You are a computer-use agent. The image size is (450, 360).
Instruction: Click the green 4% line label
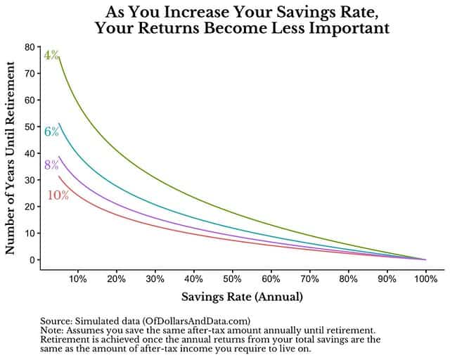51,55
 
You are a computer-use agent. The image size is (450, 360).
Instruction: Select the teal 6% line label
51,131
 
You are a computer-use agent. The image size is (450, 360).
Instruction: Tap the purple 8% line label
51,165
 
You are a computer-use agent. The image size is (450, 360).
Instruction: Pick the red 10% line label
58,195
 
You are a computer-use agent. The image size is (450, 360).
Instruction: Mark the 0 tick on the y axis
31,260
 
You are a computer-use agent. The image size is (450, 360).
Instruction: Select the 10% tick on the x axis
78,278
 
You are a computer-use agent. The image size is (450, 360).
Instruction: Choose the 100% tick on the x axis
425,278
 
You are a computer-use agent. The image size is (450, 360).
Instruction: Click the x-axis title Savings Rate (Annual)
242,297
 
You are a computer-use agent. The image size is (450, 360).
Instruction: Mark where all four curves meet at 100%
425,259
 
